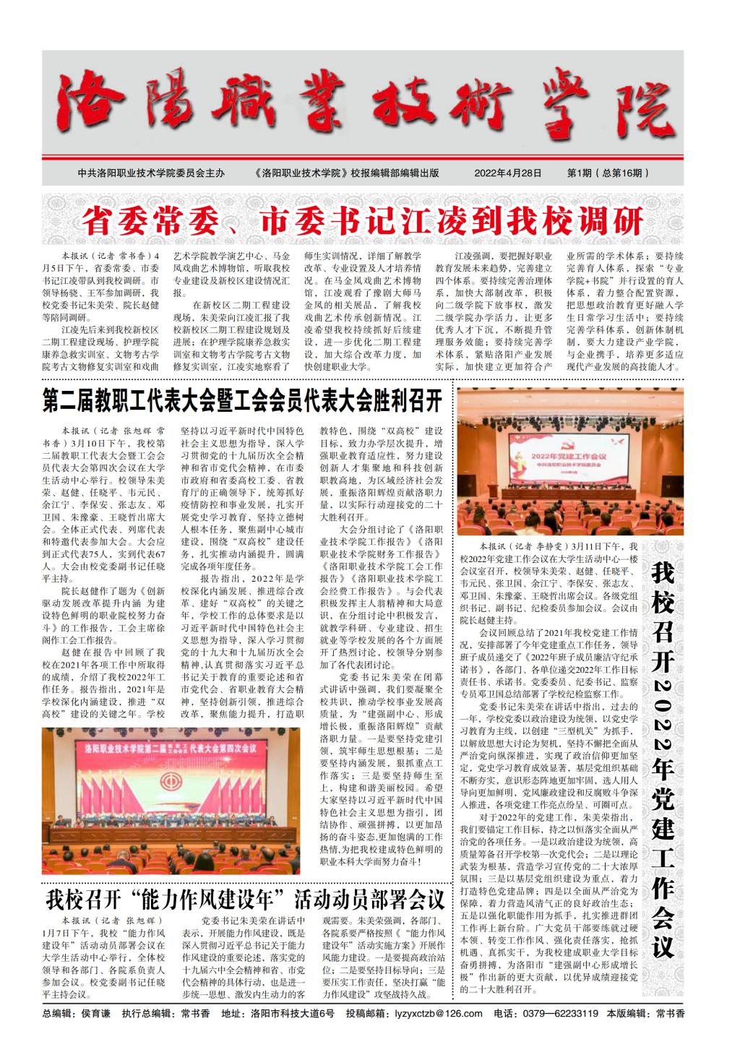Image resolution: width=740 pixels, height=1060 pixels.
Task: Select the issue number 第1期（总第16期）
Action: point(608,173)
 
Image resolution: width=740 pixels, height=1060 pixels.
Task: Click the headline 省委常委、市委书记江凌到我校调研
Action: point(363,220)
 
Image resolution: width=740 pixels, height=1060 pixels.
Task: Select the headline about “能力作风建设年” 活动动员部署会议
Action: point(245,900)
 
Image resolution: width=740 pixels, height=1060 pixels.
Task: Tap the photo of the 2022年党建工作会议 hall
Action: point(569,460)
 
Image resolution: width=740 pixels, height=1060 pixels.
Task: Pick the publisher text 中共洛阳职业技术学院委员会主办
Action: point(151,173)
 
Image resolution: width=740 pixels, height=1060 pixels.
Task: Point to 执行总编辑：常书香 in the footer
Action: point(165,1013)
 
